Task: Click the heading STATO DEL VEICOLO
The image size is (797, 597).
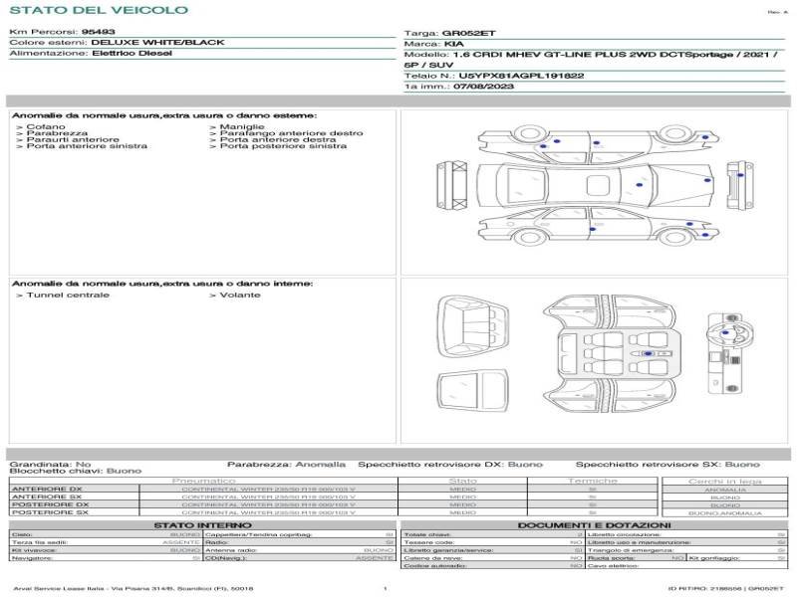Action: click(x=99, y=10)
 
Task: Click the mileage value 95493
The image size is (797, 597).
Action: click(x=98, y=32)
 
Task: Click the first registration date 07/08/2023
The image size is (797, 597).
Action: click(x=474, y=87)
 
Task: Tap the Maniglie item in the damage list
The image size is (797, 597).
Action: click(x=242, y=127)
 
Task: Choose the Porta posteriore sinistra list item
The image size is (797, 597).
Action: click(x=283, y=146)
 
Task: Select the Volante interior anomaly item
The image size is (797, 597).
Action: click(x=240, y=296)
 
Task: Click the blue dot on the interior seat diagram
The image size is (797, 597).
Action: click(x=650, y=354)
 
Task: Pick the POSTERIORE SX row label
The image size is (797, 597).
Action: click(x=47, y=512)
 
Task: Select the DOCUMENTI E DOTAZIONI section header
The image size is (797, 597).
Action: click(x=594, y=524)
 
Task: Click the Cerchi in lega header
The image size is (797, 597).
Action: click(x=724, y=481)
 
